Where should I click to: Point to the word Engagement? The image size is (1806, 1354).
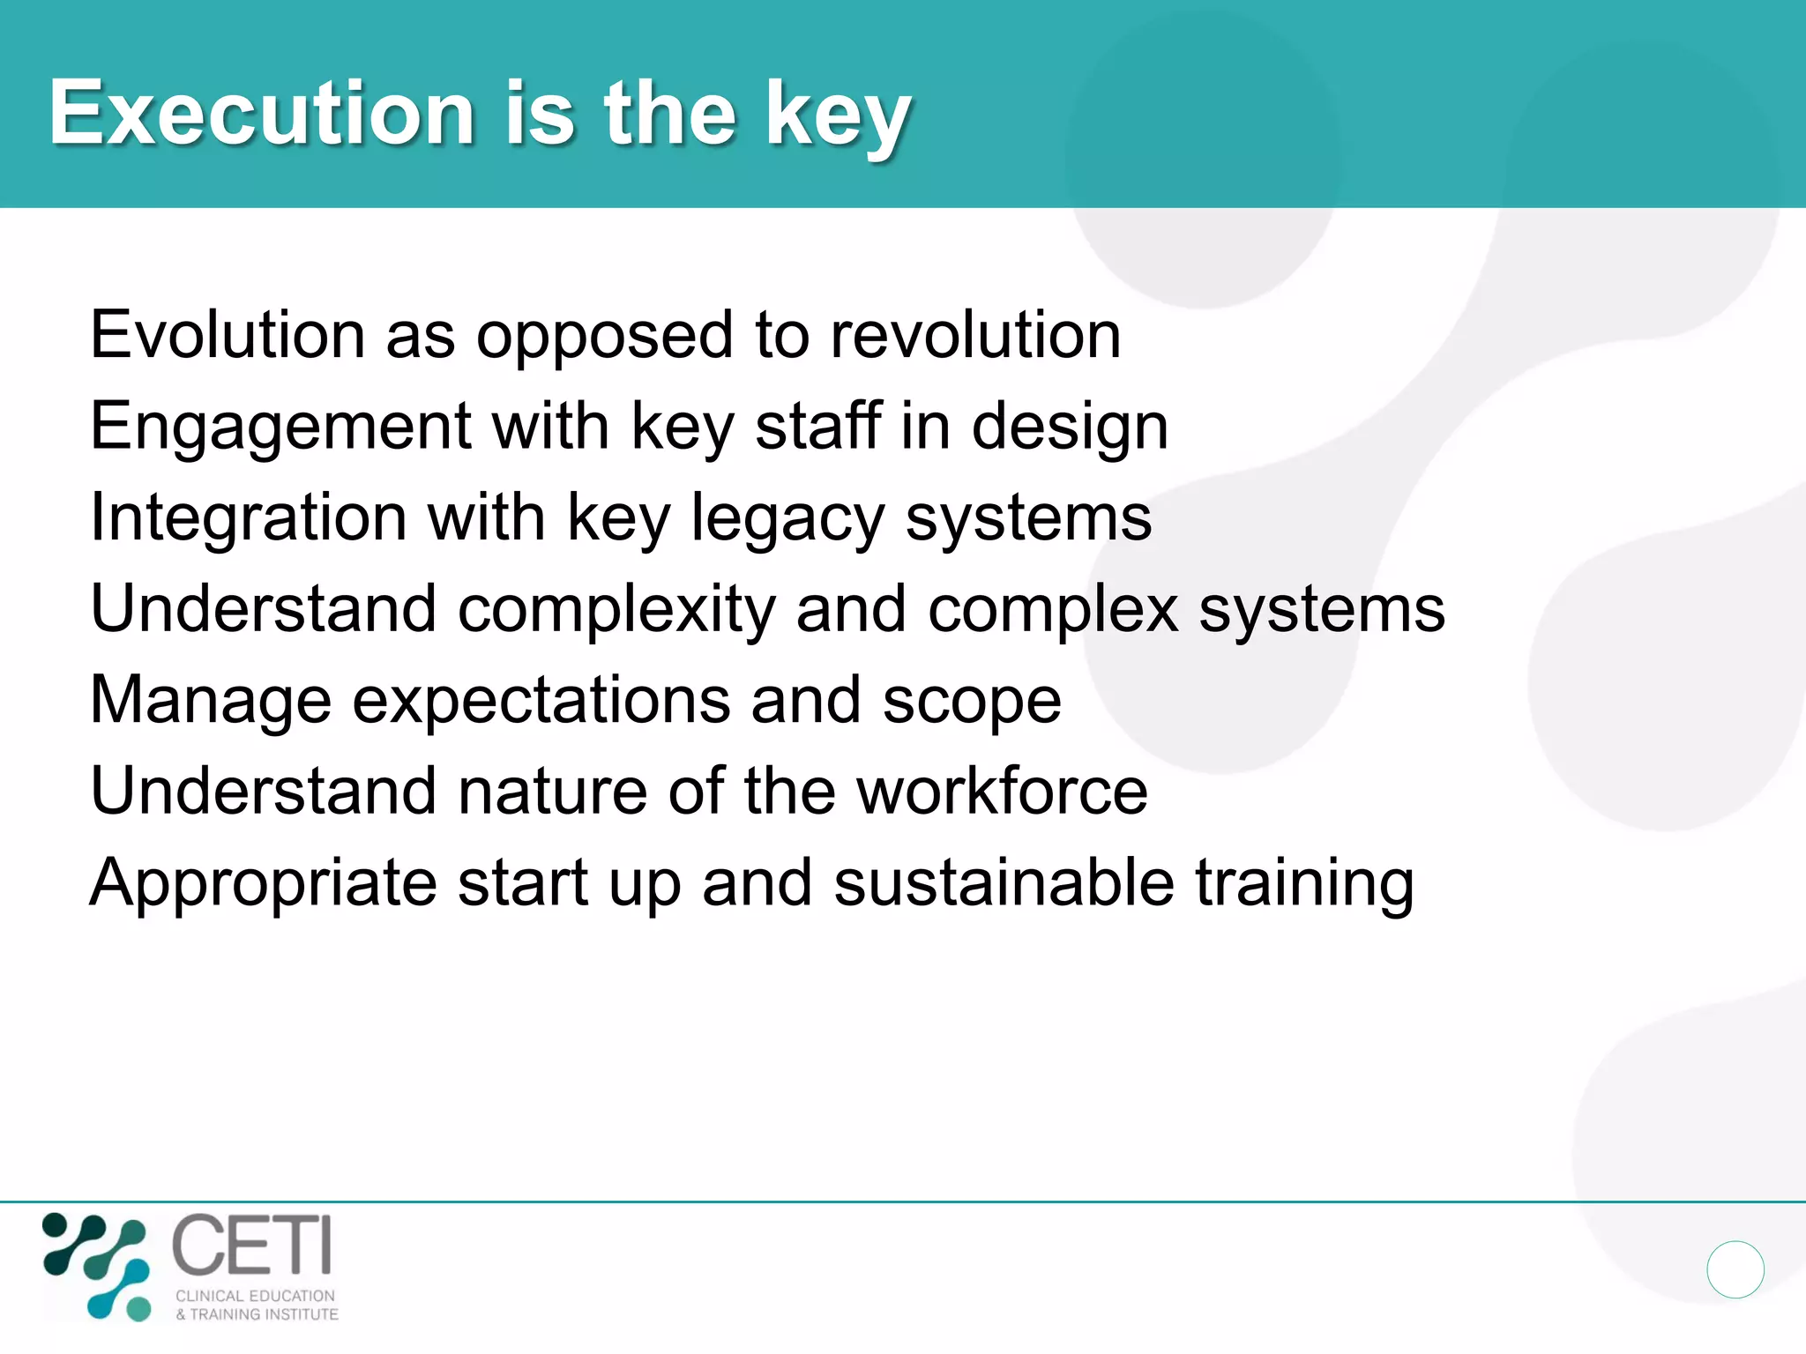pos(281,428)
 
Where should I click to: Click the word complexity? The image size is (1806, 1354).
pos(616,610)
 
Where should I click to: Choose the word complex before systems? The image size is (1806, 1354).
pos(1053,610)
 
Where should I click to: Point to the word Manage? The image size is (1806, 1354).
pos(211,702)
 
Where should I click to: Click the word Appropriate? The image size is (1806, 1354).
pos(264,884)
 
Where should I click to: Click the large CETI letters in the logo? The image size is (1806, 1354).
pos(252,1245)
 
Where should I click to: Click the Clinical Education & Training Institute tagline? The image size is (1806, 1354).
pos(257,1305)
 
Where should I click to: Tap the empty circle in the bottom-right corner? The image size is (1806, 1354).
pos(1735,1269)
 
